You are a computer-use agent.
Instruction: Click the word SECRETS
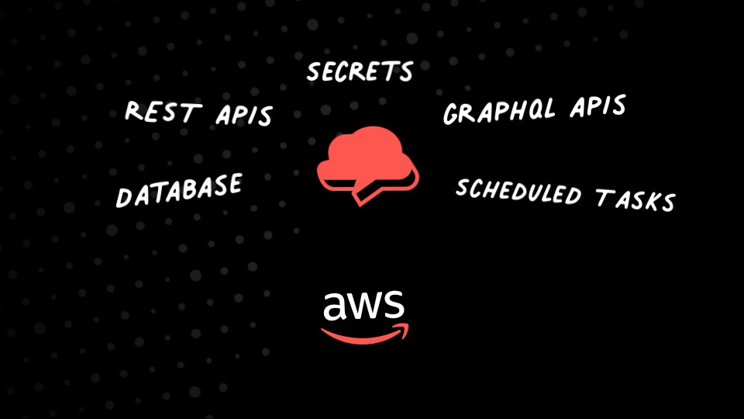(360, 72)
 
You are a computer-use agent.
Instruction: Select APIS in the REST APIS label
(243, 115)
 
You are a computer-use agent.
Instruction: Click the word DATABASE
(178, 189)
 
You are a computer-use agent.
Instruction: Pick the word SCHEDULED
(518, 191)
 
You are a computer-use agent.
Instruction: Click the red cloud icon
(366, 155)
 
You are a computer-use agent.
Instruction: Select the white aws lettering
(363, 306)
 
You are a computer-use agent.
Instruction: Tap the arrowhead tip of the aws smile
(405, 328)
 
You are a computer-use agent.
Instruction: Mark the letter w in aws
(364, 307)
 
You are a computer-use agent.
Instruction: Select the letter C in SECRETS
(342, 72)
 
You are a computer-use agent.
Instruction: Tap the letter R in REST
(134, 111)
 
